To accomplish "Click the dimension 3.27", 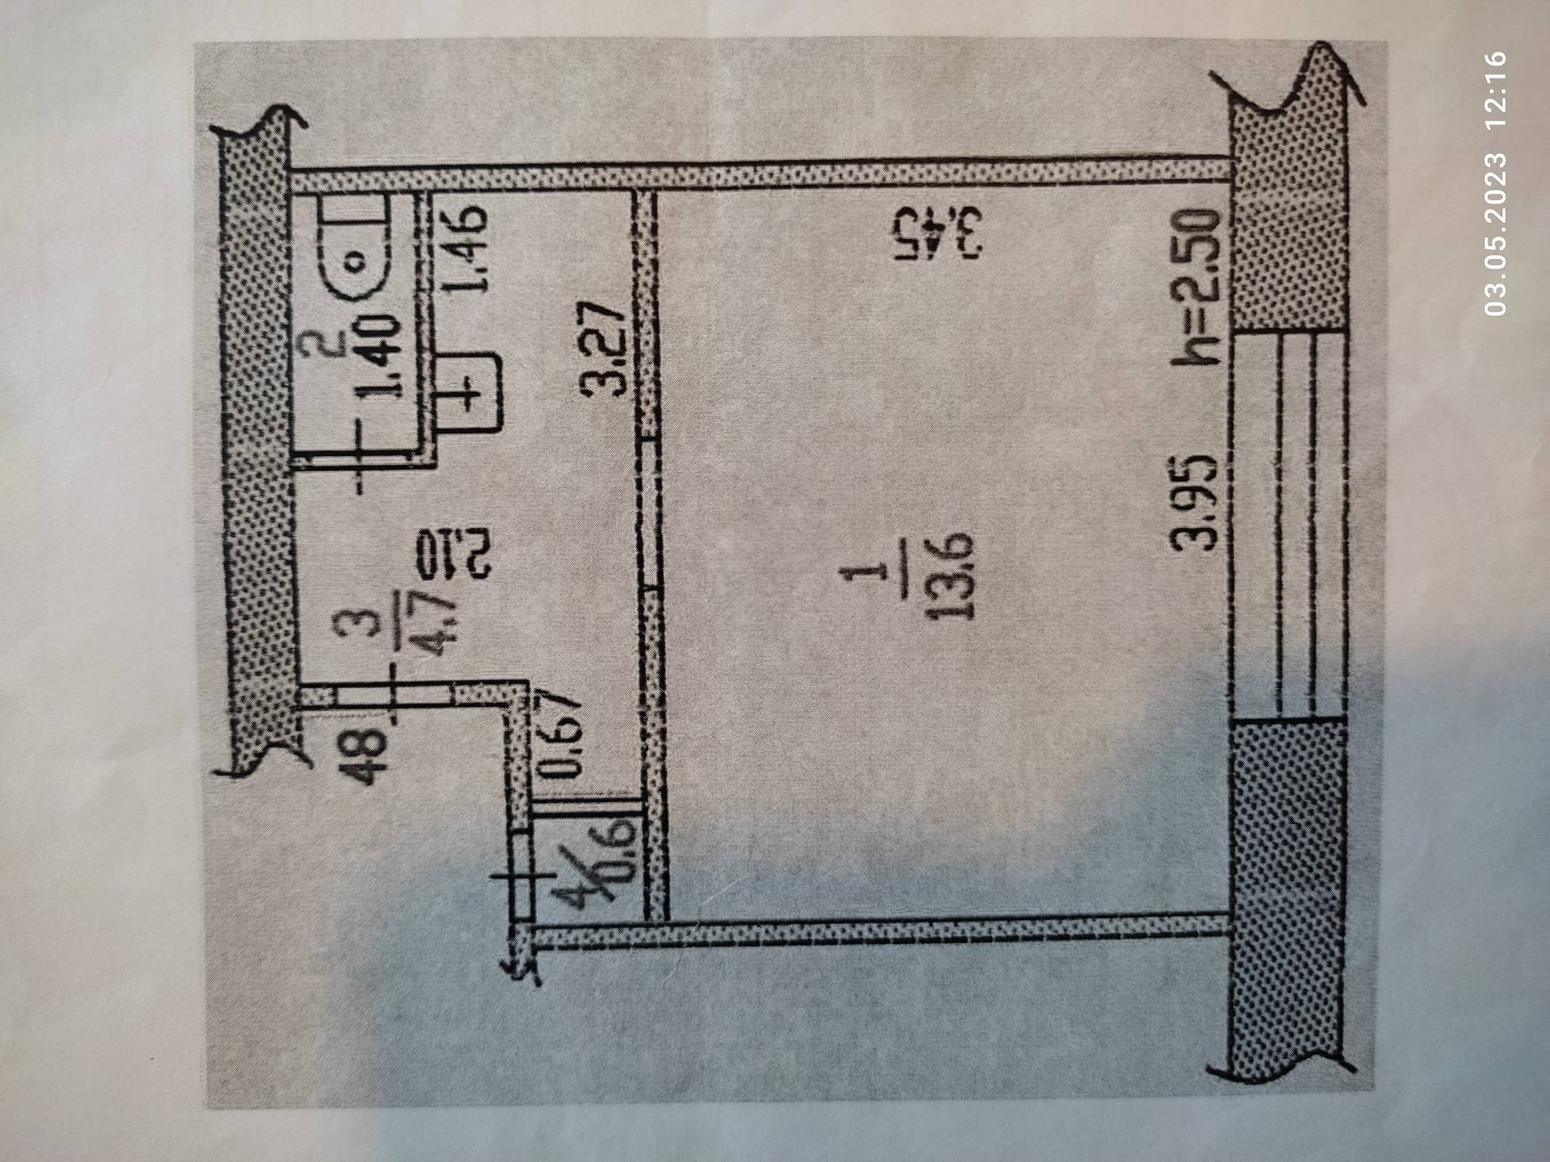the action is tap(605, 348).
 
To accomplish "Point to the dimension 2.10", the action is tap(450, 552).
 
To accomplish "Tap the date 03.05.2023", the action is tap(1495, 233).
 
